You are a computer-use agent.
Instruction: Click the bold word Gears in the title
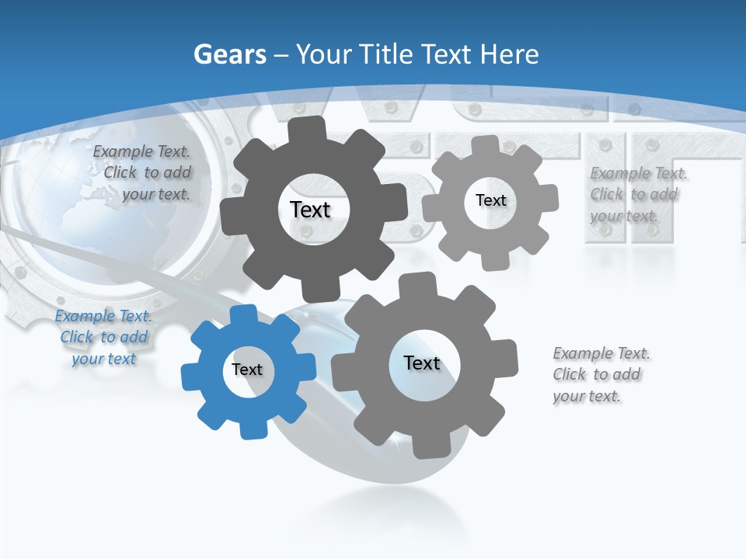(x=230, y=54)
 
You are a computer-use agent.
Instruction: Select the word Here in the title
(x=509, y=54)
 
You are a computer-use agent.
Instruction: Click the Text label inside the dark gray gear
(x=310, y=210)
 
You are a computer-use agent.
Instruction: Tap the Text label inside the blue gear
(x=247, y=370)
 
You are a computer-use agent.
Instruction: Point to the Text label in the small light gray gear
(x=490, y=200)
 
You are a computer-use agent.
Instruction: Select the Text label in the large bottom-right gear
(x=422, y=363)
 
